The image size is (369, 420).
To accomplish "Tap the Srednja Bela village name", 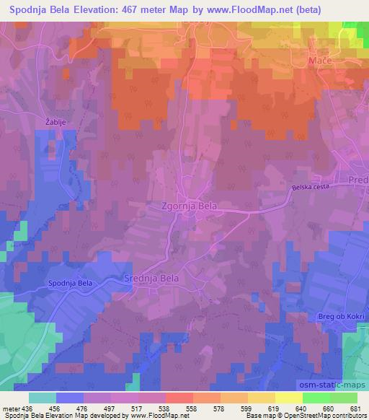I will click(153, 277).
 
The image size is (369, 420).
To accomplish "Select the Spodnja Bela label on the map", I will click(70, 283).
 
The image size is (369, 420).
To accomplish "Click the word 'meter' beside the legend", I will click(12, 408).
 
